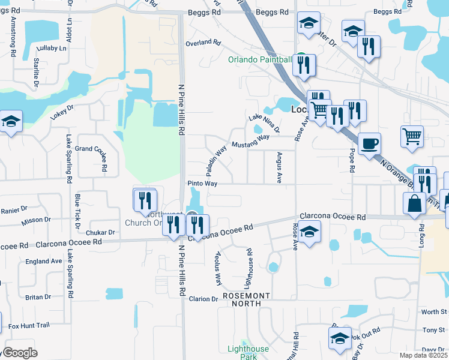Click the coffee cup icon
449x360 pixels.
pos(369,144)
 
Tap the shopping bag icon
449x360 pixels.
pos(414,203)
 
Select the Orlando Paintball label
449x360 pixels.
pos(260,59)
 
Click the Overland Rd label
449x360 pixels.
pos(203,43)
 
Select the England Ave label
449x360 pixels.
pos(44,261)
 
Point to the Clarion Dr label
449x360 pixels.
pos(203,299)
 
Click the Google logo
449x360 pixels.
pos(19,353)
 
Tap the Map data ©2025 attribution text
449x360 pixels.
pos(424,355)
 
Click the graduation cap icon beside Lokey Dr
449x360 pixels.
pos(11,122)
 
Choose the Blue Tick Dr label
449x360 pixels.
pos(77,212)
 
